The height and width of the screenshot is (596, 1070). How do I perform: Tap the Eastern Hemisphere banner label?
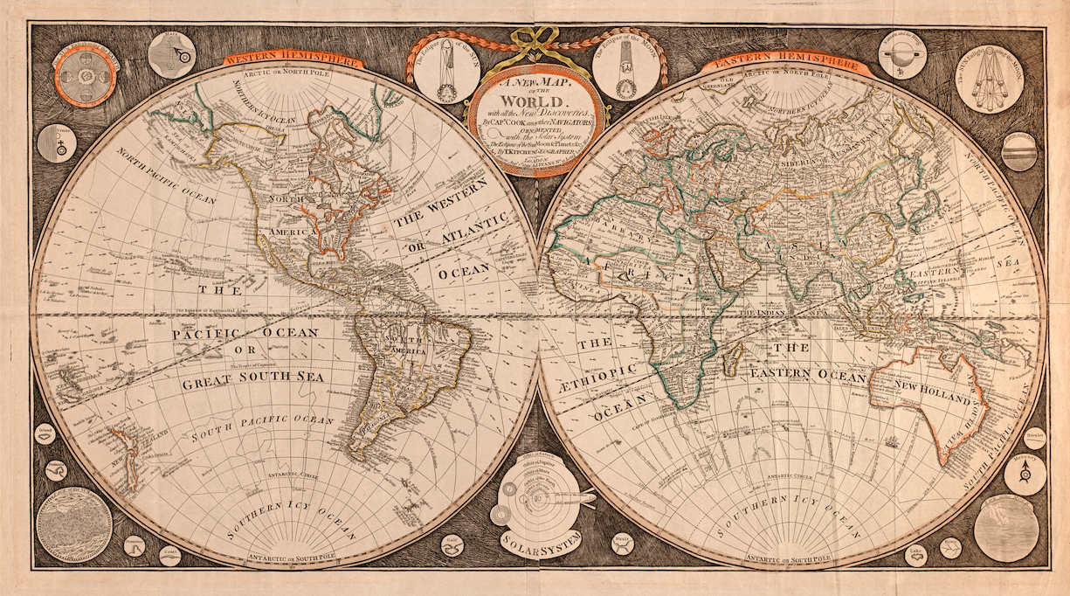coord(786,63)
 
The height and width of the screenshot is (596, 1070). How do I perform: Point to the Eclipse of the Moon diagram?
coord(625,71)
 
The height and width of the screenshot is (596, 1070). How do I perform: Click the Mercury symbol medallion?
coord(1024,474)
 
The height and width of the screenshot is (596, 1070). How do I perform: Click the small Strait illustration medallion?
coord(622,543)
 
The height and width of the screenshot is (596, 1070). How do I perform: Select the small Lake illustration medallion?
coord(915,554)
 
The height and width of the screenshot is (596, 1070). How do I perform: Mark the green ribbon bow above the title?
coord(535,39)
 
